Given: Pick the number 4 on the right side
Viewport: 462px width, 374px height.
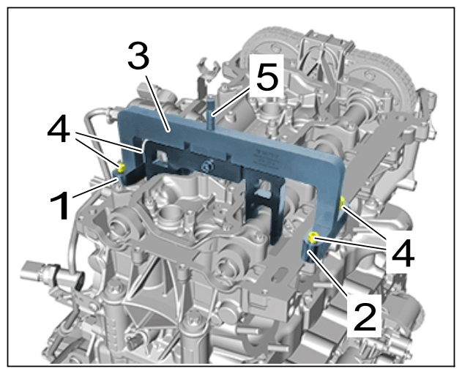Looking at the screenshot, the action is point(403,253).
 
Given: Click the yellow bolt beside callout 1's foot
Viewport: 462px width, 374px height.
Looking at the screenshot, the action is point(121,168).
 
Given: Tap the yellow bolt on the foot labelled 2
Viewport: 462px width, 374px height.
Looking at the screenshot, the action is point(313,238).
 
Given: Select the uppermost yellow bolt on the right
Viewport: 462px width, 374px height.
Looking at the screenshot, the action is point(343,203).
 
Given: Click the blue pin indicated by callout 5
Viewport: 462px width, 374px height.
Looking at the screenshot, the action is point(211,114).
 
